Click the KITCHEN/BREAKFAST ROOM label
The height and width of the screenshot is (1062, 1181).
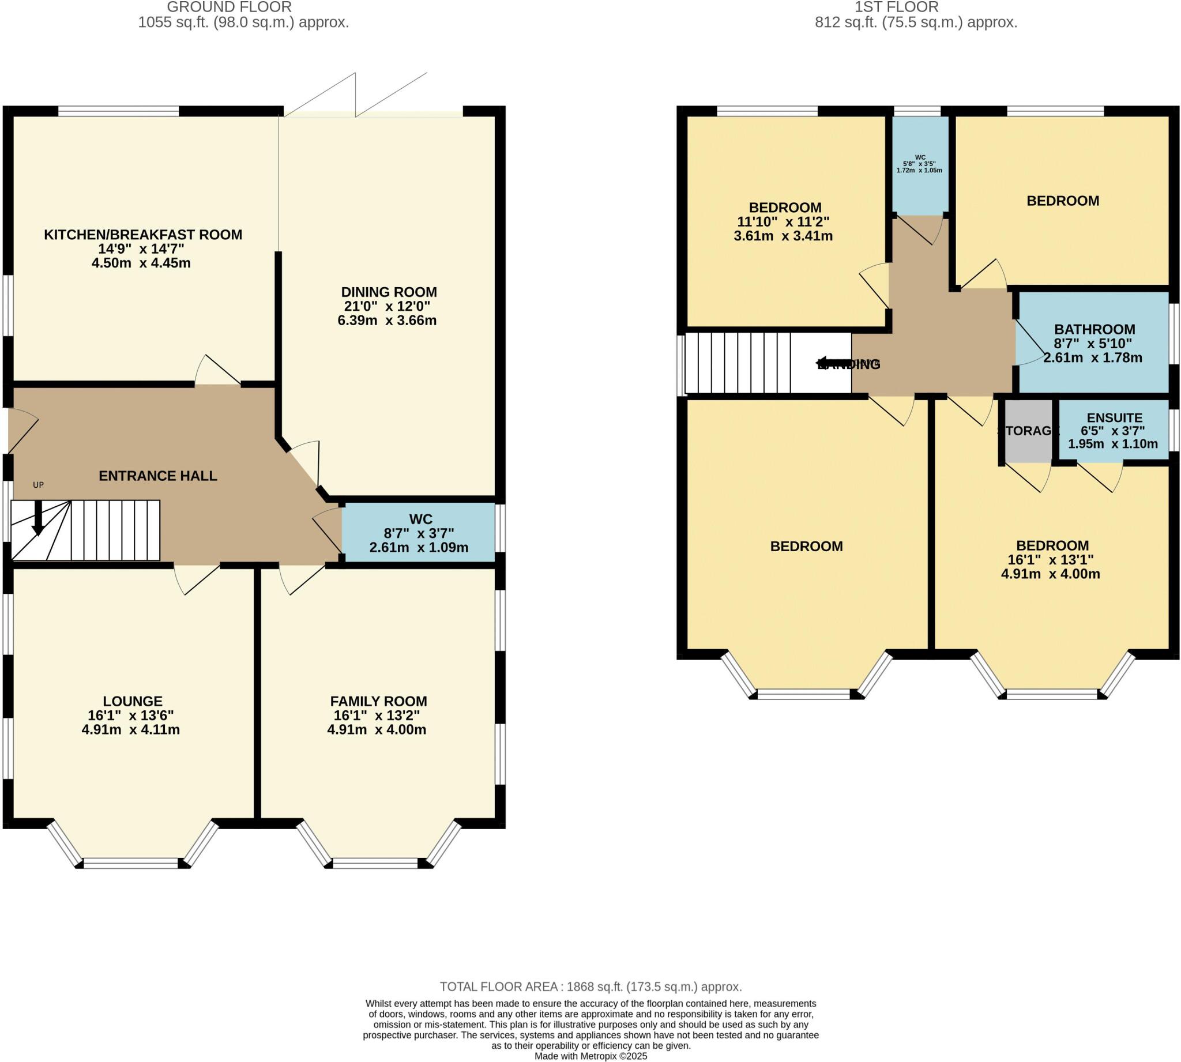click(143, 235)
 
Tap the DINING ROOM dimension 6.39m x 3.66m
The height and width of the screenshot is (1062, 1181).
click(387, 321)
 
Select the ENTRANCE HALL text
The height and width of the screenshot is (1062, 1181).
click(157, 476)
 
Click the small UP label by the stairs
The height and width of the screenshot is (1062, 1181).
click(38, 485)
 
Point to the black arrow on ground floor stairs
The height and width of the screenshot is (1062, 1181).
click(38, 519)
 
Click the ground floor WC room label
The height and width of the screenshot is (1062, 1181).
click(420, 519)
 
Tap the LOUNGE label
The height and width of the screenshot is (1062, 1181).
click(133, 701)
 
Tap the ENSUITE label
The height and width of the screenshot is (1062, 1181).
click(1114, 418)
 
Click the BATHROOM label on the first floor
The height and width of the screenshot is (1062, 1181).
click(1094, 329)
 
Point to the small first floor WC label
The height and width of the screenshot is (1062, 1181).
click(920, 157)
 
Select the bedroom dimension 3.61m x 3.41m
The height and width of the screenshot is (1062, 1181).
click(783, 236)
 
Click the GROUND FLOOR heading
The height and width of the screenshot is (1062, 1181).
click(229, 7)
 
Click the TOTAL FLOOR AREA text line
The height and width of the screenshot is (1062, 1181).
click(590, 986)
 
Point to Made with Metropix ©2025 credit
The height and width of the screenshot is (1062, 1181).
click(590, 1056)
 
